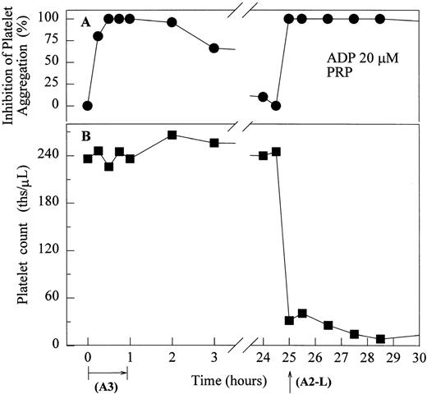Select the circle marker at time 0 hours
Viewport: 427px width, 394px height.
pyautogui.click(x=87, y=106)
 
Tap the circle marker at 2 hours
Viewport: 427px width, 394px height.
pyautogui.click(x=172, y=22)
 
